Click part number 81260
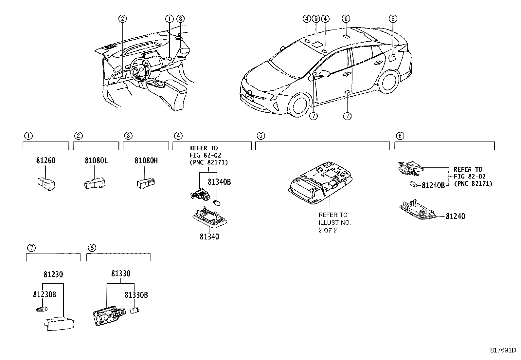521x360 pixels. coord(45,161)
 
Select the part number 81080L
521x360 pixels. coord(96,161)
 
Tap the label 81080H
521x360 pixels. coord(146,161)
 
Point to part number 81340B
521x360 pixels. coord(219,182)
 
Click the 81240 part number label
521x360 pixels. coord(455,216)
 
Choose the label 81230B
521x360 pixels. coord(45,294)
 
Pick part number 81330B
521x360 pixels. coord(136,295)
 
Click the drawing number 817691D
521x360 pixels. coord(505,351)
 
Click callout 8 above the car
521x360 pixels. coord(393,19)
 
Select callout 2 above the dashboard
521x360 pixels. coord(122,19)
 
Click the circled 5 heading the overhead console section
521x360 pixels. coord(261,136)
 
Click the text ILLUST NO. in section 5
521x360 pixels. coord(334,223)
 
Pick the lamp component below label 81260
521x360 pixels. coord(46,184)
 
